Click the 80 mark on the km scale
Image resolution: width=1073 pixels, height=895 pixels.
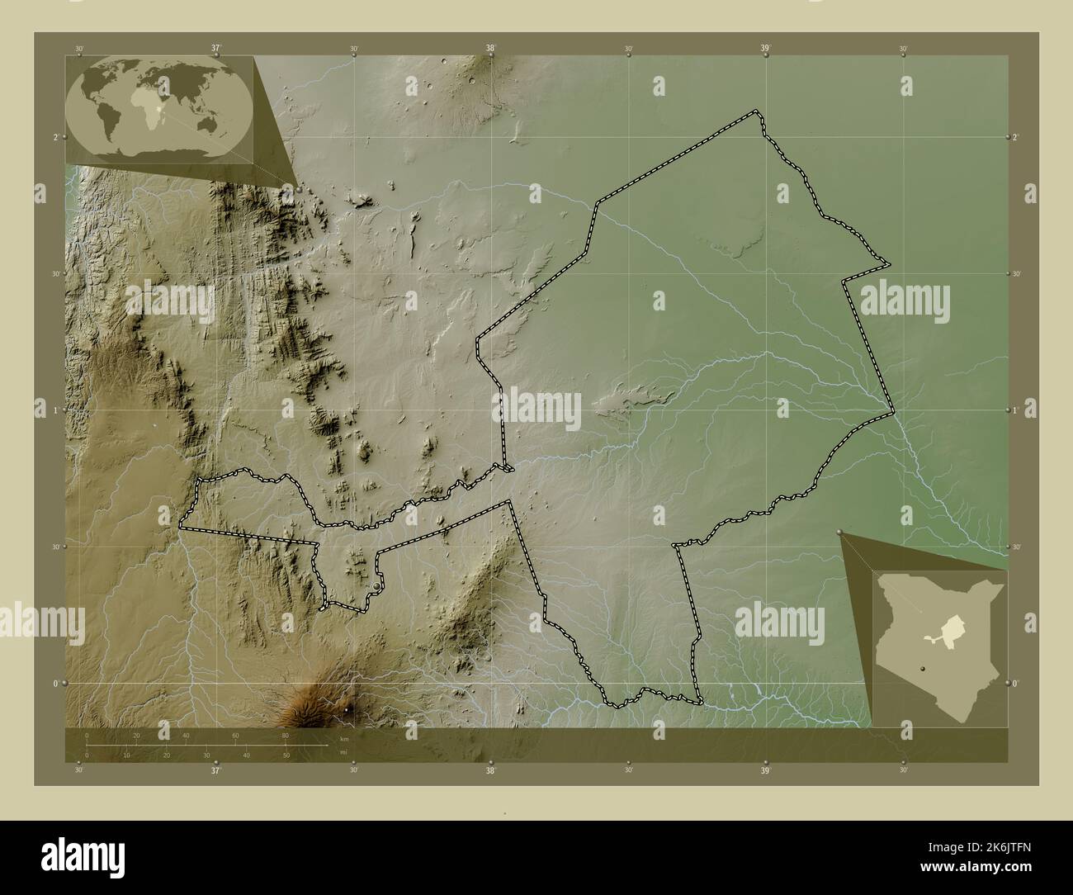[285, 735]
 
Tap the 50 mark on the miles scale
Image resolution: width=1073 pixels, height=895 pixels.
[286, 755]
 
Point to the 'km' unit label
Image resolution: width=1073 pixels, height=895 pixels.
[343, 739]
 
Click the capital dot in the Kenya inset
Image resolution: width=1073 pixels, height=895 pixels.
[925, 670]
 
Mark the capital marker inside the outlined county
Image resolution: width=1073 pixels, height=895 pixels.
[377, 585]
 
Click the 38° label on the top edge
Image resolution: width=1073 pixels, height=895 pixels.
[490, 49]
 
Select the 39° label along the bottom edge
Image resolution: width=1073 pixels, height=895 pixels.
[765, 771]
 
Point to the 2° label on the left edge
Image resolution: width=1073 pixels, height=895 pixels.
[56, 136]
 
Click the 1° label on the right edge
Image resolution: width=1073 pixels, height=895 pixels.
[1016, 410]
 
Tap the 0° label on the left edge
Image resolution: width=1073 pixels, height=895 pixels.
[56, 684]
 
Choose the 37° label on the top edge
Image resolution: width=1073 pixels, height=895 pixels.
[215, 49]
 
